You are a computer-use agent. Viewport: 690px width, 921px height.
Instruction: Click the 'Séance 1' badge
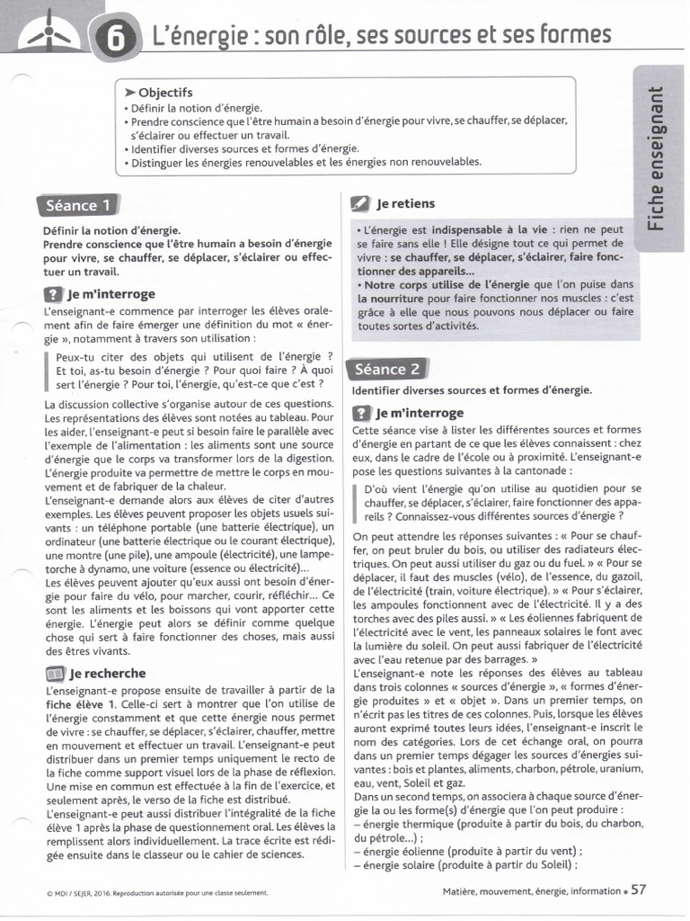(78, 205)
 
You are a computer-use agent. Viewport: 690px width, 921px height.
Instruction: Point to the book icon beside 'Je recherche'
(53, 673)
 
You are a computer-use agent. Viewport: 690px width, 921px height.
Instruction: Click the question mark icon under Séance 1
(53, 294)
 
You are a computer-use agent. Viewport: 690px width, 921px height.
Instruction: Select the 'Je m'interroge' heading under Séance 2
(420, 413)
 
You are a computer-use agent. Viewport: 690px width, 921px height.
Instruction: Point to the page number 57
(638, 890)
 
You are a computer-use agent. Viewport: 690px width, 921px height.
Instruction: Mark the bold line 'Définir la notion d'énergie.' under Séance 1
(111, 230)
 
